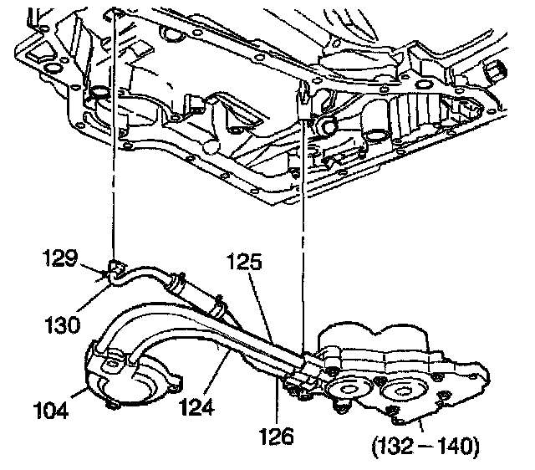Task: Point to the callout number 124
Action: tap(197, 408)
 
